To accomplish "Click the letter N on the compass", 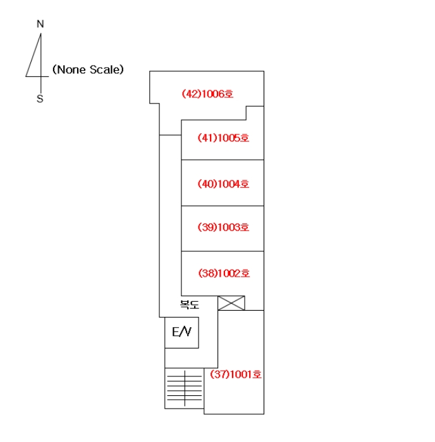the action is pyautogui.click(x=40, y=24).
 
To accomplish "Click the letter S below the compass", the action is pyautogui.click(x=40, y=99).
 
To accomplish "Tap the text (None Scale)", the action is pyautogui.click(x=88, y=69).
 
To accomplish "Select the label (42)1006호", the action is pyautogui.click(x=207, y=94).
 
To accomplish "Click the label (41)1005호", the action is pyautogui.click(x=223, y=138).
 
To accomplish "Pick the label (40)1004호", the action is pyautogui.click(x=223, y=184).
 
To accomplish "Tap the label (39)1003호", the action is pyautogui.click(x=223, y=227).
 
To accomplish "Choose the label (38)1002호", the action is pyautogui.click(x=224, y=273).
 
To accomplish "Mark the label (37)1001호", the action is pyautogui.click(x=236, y=374).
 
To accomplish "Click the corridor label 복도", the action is pyautogui.click(x=190, y=304).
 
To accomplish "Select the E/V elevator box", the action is pyautogui.click(x=182, y=333).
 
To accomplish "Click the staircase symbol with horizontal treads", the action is pyautogui.click(x=185, y=388).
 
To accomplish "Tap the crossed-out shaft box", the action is pyautogui.click(x=231, y=303).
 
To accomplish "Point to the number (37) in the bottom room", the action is pyautogui.click(x=220, y=374).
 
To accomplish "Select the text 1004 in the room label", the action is pyautogui.click(x=229, y=184).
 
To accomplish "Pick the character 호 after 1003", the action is pyautogui.click(x=245, y=227).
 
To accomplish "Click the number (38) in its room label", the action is pyautogui.click(x=208, y=273).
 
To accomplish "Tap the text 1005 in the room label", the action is pyautogui.click(x=229, y=138).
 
